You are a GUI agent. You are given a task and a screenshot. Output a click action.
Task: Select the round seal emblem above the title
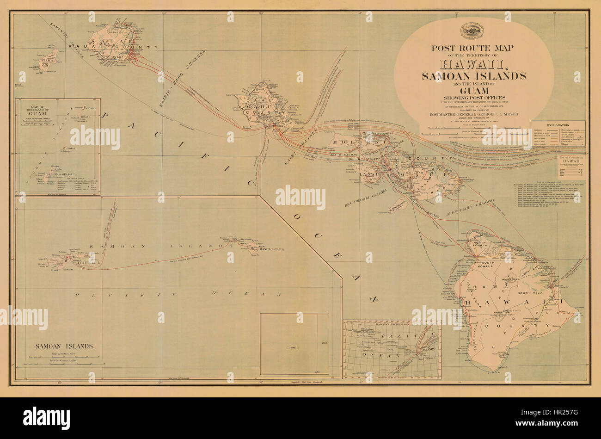(472, 31)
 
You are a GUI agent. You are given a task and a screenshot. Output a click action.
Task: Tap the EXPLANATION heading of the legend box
(557, 125)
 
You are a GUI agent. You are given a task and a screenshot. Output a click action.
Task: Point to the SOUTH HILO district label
(529, 293)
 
